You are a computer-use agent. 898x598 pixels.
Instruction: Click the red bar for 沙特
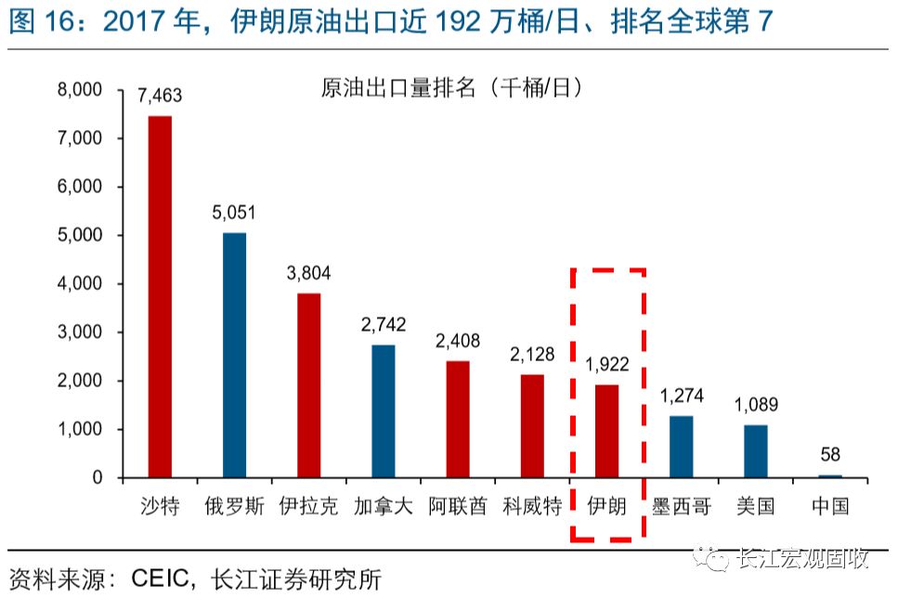160,297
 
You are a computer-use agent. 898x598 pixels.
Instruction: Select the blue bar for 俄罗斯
234,355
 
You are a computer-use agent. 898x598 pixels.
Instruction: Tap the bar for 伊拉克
308,385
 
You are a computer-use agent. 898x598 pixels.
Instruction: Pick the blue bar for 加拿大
384,411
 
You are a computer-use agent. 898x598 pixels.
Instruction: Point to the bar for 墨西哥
681,447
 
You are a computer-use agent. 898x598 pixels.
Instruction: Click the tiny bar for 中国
830,476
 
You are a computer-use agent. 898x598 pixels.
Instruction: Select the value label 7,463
160,95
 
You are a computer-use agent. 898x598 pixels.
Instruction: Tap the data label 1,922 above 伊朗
607,364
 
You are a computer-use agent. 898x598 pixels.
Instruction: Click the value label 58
830,454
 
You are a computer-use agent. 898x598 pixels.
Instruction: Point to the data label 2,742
384,324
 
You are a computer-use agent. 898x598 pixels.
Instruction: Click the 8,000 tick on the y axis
80,89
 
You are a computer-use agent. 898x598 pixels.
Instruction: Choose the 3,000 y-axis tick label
80,332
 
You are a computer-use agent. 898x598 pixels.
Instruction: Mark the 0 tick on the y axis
98,477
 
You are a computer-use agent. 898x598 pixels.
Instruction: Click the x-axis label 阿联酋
458,506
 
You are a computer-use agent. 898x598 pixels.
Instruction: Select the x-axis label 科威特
532,506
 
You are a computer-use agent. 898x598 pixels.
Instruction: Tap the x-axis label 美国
755,506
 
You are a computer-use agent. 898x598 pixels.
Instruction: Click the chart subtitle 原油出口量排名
397,87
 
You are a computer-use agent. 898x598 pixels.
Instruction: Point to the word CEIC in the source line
160,578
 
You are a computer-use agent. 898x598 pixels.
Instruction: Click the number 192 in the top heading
458,21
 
